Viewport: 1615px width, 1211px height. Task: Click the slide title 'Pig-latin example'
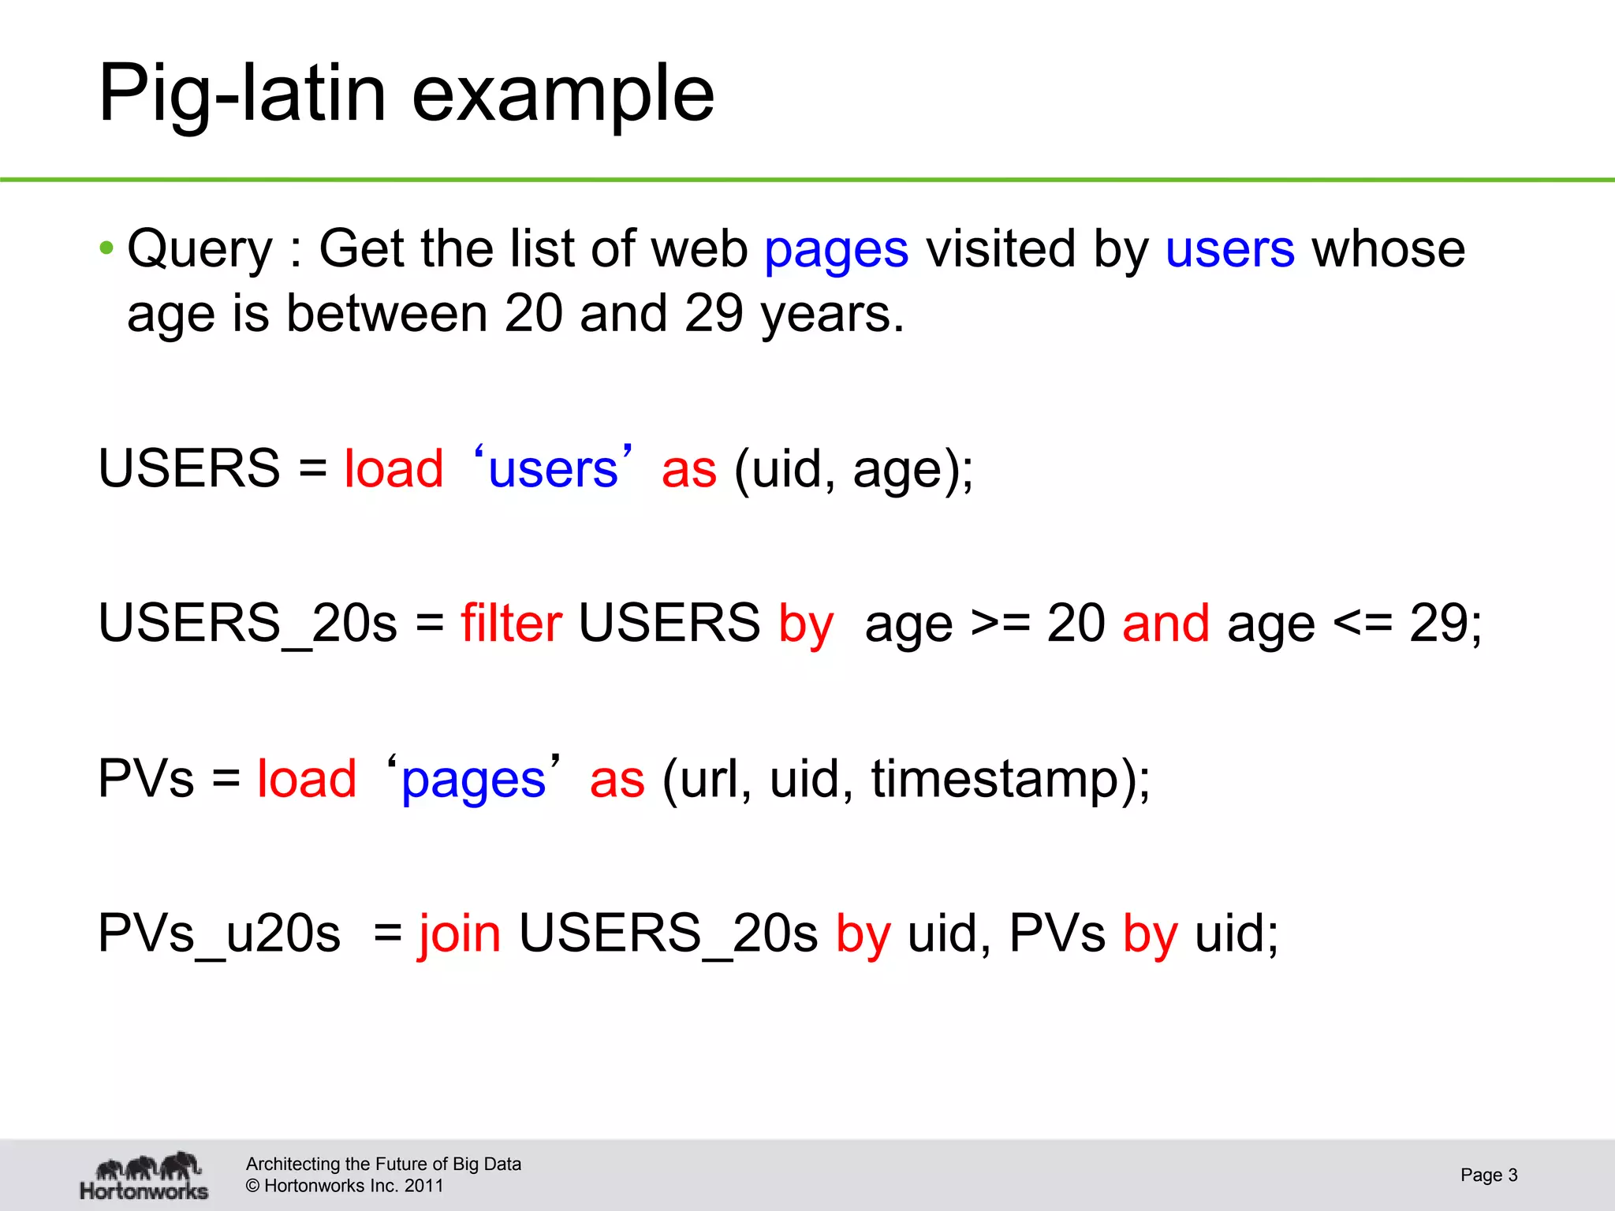click(x=406, y=95)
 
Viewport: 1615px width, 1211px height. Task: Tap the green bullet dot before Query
click(x=106, y=249)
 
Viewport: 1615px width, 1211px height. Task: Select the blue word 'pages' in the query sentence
click(x=836, y=251)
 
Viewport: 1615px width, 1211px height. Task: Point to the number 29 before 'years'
click(x=714, y=314)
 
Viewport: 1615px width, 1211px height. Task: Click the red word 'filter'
click(x=511, y=623)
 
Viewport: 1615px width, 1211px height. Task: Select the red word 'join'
click(x=460, y=933)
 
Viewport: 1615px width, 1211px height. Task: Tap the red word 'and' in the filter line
click(x=1166, y=623)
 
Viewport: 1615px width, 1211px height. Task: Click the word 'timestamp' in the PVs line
click(x=994, y=779)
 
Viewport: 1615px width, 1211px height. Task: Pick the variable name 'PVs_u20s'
click(x=219, y=933)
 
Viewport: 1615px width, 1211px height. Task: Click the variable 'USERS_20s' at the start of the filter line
click(x=248, y=623)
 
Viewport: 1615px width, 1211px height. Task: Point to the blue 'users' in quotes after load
click(x=553, y=469)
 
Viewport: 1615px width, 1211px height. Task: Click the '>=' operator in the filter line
click(x=1000, y=623)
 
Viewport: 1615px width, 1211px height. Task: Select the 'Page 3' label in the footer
click(x=1488, y=1175)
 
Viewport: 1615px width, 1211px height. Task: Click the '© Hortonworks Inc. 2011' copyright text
click(x=345, y=1186)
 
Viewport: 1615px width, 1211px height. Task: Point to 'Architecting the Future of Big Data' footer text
click(x=383, y=1164)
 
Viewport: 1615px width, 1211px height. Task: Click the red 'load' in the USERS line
click(x=393, y=469)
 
